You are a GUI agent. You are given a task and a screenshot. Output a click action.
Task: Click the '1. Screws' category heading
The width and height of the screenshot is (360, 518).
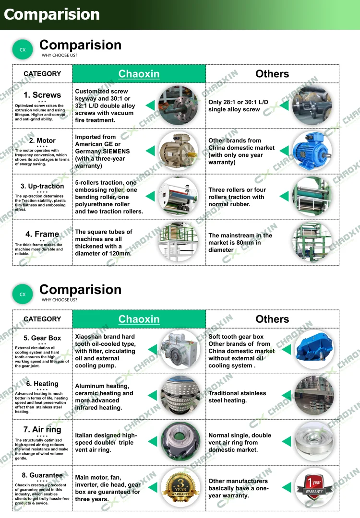point(42,95)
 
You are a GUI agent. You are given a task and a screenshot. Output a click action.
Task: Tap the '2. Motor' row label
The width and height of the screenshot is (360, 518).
point(42,141)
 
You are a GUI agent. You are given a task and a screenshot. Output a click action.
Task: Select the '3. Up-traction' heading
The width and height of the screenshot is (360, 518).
point(42,186)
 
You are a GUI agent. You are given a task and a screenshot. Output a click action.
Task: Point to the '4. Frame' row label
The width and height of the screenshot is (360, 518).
point(42,234)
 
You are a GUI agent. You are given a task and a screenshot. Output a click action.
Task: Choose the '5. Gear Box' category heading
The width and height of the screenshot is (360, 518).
point(42,338)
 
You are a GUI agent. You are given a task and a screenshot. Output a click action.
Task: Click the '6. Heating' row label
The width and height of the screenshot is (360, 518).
point(42,384)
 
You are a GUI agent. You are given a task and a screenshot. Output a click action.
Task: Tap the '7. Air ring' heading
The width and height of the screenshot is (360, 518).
point(42,429)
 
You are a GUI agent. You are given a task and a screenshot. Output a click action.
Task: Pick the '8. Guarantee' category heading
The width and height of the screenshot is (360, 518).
point(42,475)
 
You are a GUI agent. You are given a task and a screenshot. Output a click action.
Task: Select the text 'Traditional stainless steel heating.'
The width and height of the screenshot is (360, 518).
point(237,397)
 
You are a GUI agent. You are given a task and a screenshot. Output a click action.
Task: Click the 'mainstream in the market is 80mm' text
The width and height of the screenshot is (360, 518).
point(240,242)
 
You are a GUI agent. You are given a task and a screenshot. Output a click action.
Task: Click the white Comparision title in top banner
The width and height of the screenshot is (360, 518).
point(52,14)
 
